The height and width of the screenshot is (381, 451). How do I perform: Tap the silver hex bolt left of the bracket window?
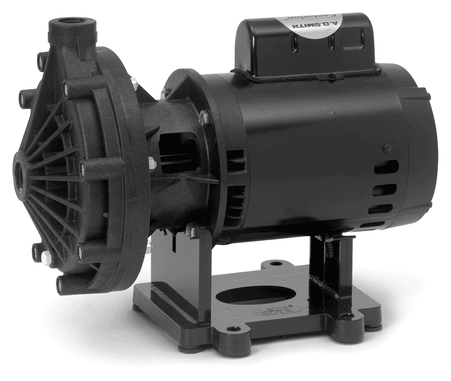151,163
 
